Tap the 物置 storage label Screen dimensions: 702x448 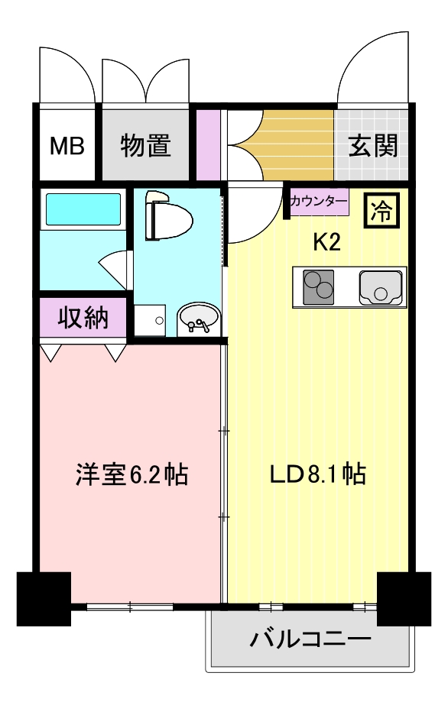(x=145, y=146)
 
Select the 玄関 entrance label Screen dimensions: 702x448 (x=374, y=146)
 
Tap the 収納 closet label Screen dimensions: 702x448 (x=83, y=316)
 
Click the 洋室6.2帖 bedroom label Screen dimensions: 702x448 (x=132, y=475)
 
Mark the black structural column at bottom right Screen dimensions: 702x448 (x=403, y=597)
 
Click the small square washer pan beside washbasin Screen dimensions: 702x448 (x=151, y=321)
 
